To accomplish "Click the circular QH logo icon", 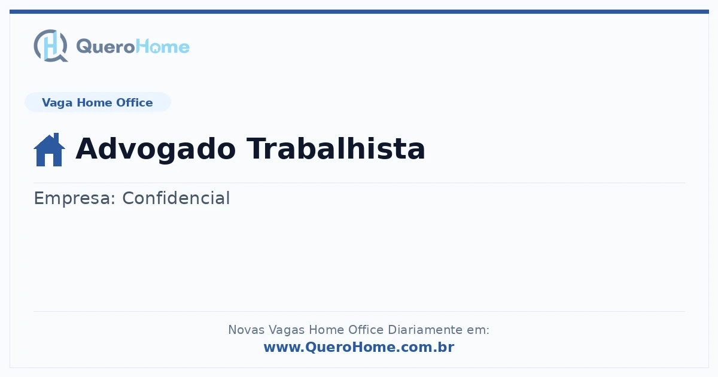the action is (51, 45).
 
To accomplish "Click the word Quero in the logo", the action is (106, 47).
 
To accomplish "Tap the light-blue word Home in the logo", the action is (163, 47).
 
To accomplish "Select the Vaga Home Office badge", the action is (98, 102).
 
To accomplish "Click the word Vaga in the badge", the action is (57, 103).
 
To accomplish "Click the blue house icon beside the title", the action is (49, 150).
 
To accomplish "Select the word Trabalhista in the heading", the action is (336, 148).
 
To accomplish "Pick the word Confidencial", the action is (176, 198).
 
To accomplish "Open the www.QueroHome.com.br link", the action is (359, 347).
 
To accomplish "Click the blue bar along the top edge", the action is (359, 11).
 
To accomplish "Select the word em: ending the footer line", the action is (478, 330).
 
